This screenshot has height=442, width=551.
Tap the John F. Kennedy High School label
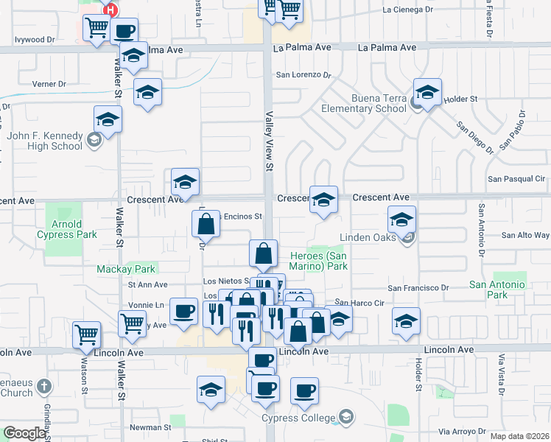(45, 141)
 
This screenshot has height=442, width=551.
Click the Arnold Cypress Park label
(66, 229)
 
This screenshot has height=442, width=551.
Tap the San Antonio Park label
(497, 290)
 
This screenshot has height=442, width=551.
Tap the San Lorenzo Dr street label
(303, 74)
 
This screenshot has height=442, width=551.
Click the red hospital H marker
(110, 10)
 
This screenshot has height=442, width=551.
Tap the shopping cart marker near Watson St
(86, 333)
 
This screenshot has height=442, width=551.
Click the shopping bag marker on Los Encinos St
(207, 224)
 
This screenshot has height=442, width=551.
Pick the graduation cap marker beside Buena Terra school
(427, 93)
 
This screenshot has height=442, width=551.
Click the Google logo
(24, 433)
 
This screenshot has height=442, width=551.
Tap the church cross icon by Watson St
(43, 385)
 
